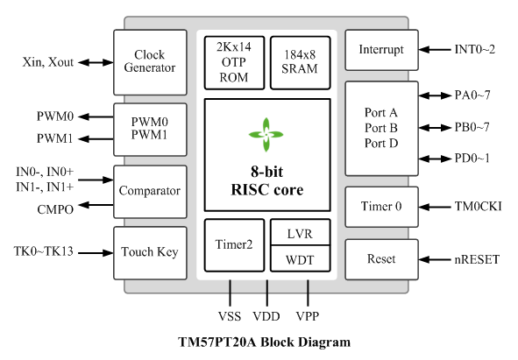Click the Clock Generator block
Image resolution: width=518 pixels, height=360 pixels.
150,62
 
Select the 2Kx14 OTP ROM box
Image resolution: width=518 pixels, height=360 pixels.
234,63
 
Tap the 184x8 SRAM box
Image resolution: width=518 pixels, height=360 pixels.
301,63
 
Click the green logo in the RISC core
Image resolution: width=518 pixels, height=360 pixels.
266,135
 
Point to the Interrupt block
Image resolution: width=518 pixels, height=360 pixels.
381,50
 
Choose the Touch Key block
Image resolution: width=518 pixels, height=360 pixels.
150,253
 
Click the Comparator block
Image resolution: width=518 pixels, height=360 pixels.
150,192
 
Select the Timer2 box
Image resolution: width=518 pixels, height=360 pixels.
234,245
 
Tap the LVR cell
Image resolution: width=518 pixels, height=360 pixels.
301,232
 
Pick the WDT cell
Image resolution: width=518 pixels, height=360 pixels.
301,258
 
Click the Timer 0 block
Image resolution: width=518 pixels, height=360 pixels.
381,207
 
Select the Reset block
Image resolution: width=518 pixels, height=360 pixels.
381,259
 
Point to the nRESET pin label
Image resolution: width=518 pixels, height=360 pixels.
477,259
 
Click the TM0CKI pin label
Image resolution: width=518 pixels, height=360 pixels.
478,207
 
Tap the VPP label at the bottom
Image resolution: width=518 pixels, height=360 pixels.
308,316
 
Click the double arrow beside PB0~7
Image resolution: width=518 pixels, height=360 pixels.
435,128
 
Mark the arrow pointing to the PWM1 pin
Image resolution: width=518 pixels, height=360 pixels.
96,139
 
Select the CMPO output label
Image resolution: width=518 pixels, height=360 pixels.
55,209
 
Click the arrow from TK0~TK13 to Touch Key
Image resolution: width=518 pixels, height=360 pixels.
96,253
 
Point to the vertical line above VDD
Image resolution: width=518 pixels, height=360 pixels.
267,293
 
